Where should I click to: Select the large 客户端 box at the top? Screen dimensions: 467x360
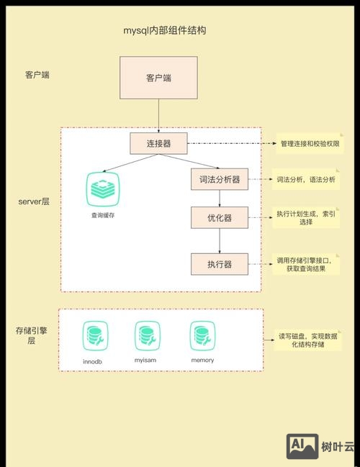click(158, 78)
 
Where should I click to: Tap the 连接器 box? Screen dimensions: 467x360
click(158, 143)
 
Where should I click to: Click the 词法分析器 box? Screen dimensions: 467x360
click(220, 178)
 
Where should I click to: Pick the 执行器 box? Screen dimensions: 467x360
click(220, 263)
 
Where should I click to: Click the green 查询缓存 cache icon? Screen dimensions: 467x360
click(102, 189)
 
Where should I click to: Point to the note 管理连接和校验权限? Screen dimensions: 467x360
click(309, 145)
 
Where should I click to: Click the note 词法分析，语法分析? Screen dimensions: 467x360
click(306, 178)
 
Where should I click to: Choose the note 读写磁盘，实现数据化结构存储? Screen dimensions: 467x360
click(311, 340)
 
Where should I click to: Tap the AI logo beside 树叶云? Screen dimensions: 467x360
click(302, 447)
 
